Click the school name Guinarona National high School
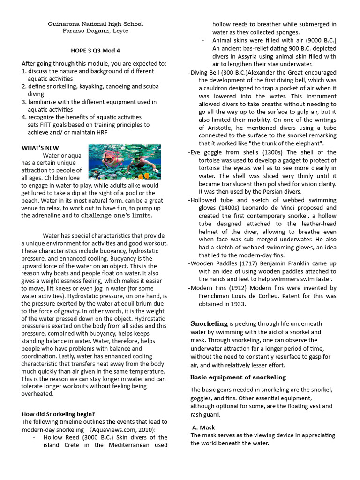(96, 23)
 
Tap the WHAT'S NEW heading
(40, 148)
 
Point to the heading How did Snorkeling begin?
(59, 414)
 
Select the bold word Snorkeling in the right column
(209, 323)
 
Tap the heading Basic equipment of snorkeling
(238, 377)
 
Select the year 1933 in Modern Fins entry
(238, 304)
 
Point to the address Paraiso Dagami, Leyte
(95, 31)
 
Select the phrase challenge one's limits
(117, 215)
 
